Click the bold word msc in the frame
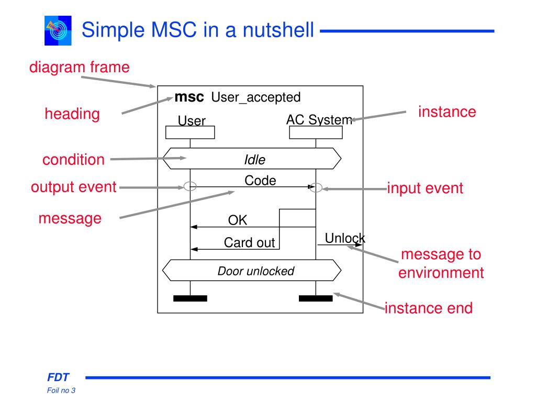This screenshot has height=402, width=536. pyautogui.click(x=189, y=97)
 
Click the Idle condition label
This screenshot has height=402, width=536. pyautogui.click(x=255, y=159)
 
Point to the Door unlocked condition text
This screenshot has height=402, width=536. pyautogui.click(x=256, y=271)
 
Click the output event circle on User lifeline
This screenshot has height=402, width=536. pyautogui.click(x=191, y=186)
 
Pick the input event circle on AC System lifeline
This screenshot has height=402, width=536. pyautogui.click(x=316, y=187)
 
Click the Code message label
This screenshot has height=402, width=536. pyautogui.click(x=260, y=181)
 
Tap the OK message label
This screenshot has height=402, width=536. pyautogui.click(x=237, y=220)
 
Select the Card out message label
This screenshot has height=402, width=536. pyautogui.click(x=249, y=243)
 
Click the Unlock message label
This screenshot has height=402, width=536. pyautogui.click(x=344, y=238)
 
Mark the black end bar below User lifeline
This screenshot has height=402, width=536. pyautogui.click(x=190, y=298)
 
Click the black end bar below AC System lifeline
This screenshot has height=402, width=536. pyautogui.click(x=316, y=298)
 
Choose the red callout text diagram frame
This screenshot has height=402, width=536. pyautogui.click(x=79, y=67)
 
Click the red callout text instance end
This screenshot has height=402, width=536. pyautogui.click(x=429, y=308)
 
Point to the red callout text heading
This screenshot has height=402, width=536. pyautogui.click(x=72, y=114)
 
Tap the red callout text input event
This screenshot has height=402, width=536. pyautogui.click(x=425, y=188)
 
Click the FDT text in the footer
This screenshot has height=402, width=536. pyautogui.click(x=58, y=377)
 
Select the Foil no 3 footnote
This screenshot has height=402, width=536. pyautogui.click(x=61, y=390)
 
